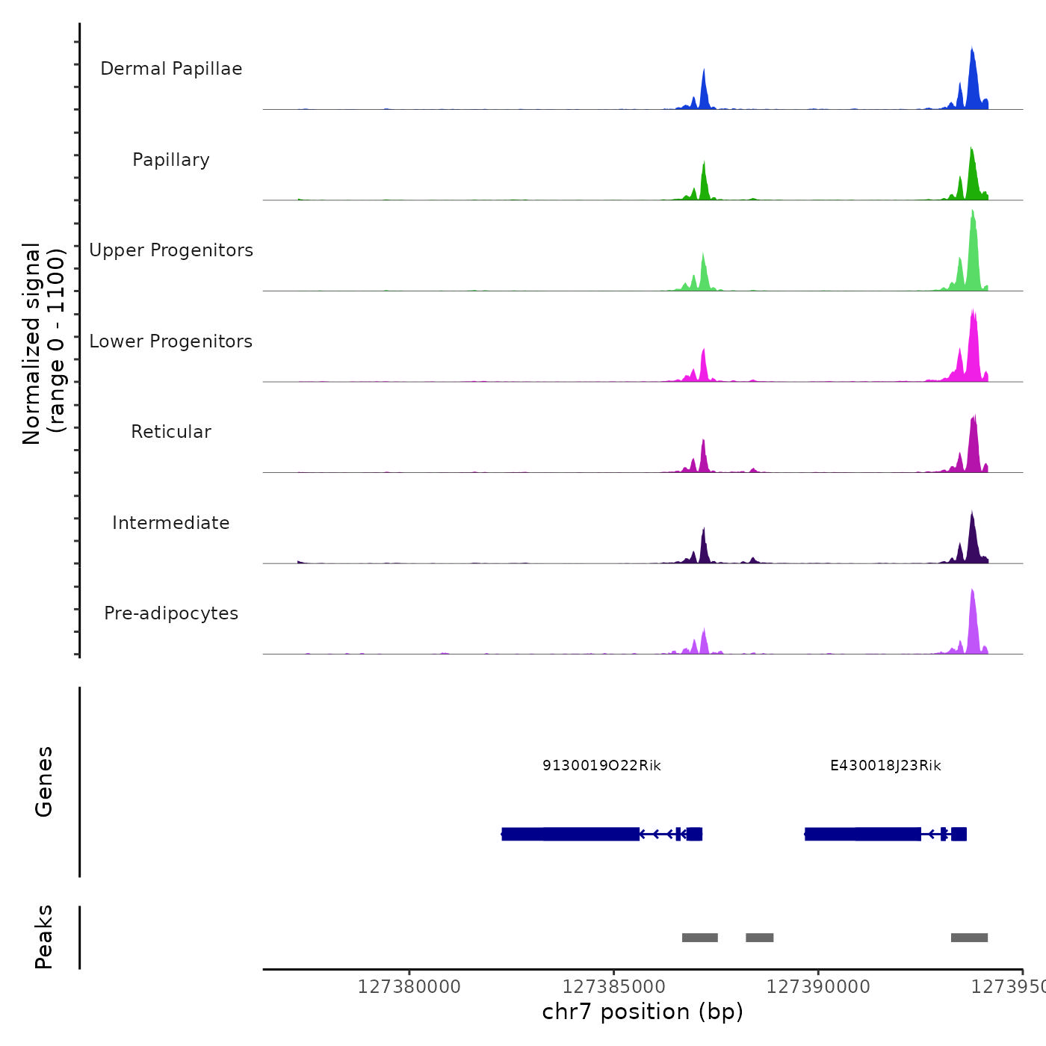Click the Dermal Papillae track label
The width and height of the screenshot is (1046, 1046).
click(x=171, y=69)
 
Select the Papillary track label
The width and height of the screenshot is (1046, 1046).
click(x=171, y=160)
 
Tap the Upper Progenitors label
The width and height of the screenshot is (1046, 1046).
click(x=171, y=250)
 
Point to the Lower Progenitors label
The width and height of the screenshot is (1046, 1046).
click(x=171, y=341)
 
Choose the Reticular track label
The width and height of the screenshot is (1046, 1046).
click(x=171, y=432)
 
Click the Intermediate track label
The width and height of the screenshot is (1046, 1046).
click(x=171, y=523)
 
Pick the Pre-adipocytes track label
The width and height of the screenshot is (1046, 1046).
click(x=171, y=613)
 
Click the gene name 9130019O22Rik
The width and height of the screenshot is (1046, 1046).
click(x=601, y=765)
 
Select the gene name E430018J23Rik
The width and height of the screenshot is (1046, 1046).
click(x=885, y=765)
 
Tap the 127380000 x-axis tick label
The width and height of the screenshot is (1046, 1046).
click(x=409, y=987)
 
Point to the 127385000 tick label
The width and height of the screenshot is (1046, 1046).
click(x=613, y=987)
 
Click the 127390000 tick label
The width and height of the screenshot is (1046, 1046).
click(x=818, y=987)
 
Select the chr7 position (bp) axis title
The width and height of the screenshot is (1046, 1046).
click(x=643, y=1012)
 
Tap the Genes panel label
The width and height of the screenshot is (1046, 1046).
click(x=44, y=781)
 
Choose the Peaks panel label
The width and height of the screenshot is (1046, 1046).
click(x=44, y=937)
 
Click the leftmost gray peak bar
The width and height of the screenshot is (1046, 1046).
click(x=700, y=938)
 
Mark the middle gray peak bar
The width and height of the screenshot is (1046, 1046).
click(x=759, y=938)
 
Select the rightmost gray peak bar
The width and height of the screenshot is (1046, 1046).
click(x=969, y=938)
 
